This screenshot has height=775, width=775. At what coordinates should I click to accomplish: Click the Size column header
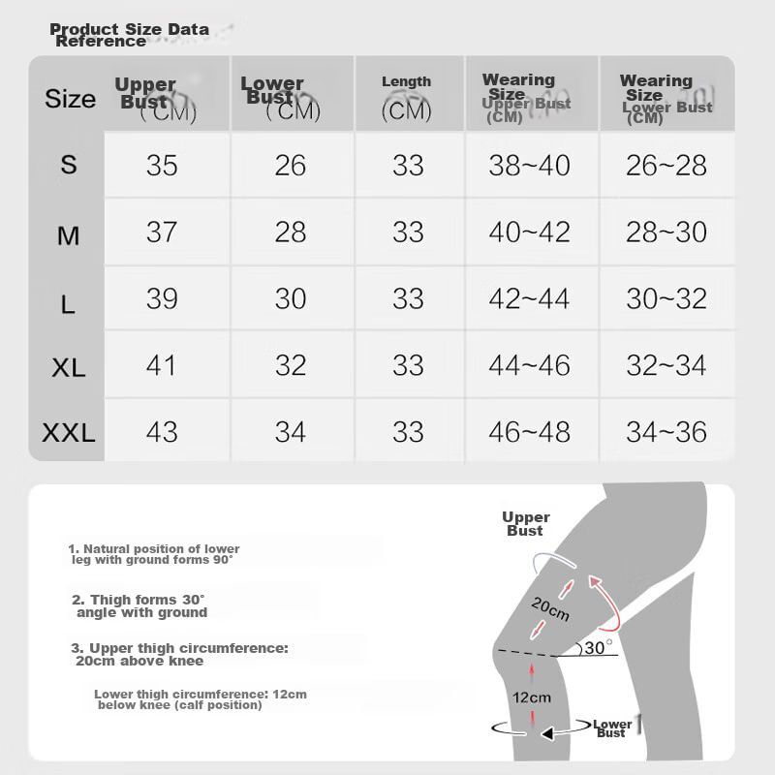pyautogui.click(x=70, y=99)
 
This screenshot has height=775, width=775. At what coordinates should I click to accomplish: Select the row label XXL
pyautogui.click(x=69, y=433)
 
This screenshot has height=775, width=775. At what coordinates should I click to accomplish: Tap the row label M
pyautogui.click(x=68, y=235)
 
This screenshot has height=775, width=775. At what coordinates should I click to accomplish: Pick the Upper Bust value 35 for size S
pyautogui.click(x=162, y=166)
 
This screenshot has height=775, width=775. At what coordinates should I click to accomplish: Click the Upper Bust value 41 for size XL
pyautogui.click(x=162, y=365)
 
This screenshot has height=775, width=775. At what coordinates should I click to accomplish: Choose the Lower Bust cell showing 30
pyautogui.click(x=291, y=299)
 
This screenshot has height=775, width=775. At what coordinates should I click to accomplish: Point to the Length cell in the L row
pyautogui.click(x=408, y=299)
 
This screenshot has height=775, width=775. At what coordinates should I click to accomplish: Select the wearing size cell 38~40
pyautogui.click(x=529, y=166)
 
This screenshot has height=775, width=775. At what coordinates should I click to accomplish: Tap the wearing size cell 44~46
pyautogui.click(x=529, y=365)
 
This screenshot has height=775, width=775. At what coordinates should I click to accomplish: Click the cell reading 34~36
pyautogui.click(x=666, y=432)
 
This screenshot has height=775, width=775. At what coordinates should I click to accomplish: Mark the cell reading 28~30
pyautogui.click(x=666, y=232)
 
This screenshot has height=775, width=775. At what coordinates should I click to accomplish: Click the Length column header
pyautogui.click(x=407, y=97)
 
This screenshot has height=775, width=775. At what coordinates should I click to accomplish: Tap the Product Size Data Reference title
pyautogui.click(x=128, y=35)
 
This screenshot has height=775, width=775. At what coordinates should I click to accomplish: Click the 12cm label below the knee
pyautogui.click(x=532, y=697)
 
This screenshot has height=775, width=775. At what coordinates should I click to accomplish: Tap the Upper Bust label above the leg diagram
pyautogui.click(x=525, y=524)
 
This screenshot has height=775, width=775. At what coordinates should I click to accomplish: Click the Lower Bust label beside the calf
pyautogui.click(x=612, y=728)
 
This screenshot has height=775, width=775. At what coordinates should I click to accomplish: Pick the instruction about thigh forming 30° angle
pyautogui.click(x=139, y=606)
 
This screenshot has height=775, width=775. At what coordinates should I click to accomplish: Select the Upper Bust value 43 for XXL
pyautogui.click(x=162, y=432)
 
